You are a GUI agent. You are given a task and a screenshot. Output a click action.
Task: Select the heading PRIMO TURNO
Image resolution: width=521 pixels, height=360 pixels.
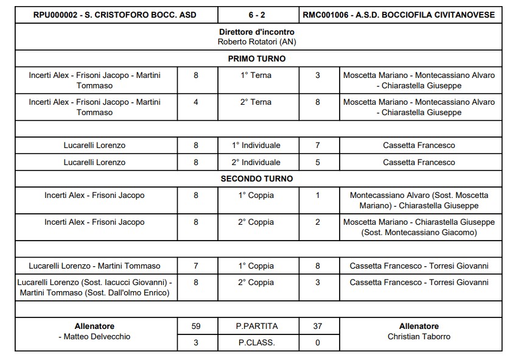[x=256, y=59]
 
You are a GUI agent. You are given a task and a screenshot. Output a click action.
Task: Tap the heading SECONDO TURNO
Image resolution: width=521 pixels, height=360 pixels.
[x=256, y=179]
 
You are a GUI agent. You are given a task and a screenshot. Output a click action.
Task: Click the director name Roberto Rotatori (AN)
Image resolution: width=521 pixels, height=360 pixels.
[x=256, y=42]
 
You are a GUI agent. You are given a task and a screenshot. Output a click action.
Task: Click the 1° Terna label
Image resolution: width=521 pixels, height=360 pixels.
[x=256, y=76]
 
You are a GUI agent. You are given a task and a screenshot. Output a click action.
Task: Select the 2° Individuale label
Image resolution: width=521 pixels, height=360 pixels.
[x=256, y=163]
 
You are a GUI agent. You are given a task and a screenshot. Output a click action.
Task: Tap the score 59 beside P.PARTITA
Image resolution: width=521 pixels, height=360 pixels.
[x=196, y=326]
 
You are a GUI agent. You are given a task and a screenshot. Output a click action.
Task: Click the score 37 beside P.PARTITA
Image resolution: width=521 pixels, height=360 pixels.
[x=318, y=326]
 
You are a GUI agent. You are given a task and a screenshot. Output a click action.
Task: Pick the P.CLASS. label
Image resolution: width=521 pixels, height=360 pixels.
[x=256, y=342]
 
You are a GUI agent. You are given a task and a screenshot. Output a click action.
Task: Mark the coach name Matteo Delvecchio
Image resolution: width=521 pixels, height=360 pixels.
[x=97, y=337]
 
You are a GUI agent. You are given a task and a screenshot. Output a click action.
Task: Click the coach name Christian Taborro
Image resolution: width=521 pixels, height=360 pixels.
[x=419, y=337]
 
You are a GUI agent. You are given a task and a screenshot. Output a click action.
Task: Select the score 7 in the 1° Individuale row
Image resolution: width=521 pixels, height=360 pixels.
[x=318, y=146]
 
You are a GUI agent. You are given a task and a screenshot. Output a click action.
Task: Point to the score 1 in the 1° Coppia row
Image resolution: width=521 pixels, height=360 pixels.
[x=318, y=196]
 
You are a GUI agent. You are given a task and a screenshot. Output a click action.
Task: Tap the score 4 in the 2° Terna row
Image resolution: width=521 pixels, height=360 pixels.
[x=196, y=102]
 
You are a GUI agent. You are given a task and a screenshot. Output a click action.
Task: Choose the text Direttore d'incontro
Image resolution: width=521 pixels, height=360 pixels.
[x=256, y=32]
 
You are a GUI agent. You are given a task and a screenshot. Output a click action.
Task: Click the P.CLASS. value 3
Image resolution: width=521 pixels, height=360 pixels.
[x=196, y=342]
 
